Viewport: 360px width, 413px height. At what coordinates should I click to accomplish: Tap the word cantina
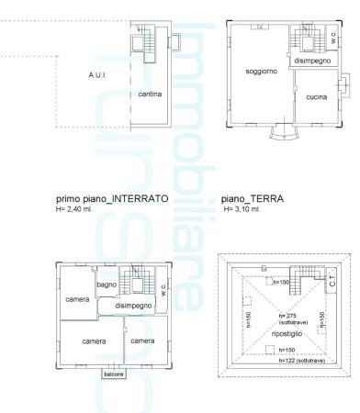pos(152,95)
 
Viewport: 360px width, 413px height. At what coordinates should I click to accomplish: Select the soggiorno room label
pos(261,71)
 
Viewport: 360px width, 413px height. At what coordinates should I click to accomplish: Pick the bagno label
pos(107,285)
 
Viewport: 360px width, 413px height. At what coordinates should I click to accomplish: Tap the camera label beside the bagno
pos(76,299)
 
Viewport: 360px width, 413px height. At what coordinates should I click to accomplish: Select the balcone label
pos(113,374)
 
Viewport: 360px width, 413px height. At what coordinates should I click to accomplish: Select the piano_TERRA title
pos(253,198)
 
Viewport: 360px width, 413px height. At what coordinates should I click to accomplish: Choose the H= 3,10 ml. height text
pos(248,209)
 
